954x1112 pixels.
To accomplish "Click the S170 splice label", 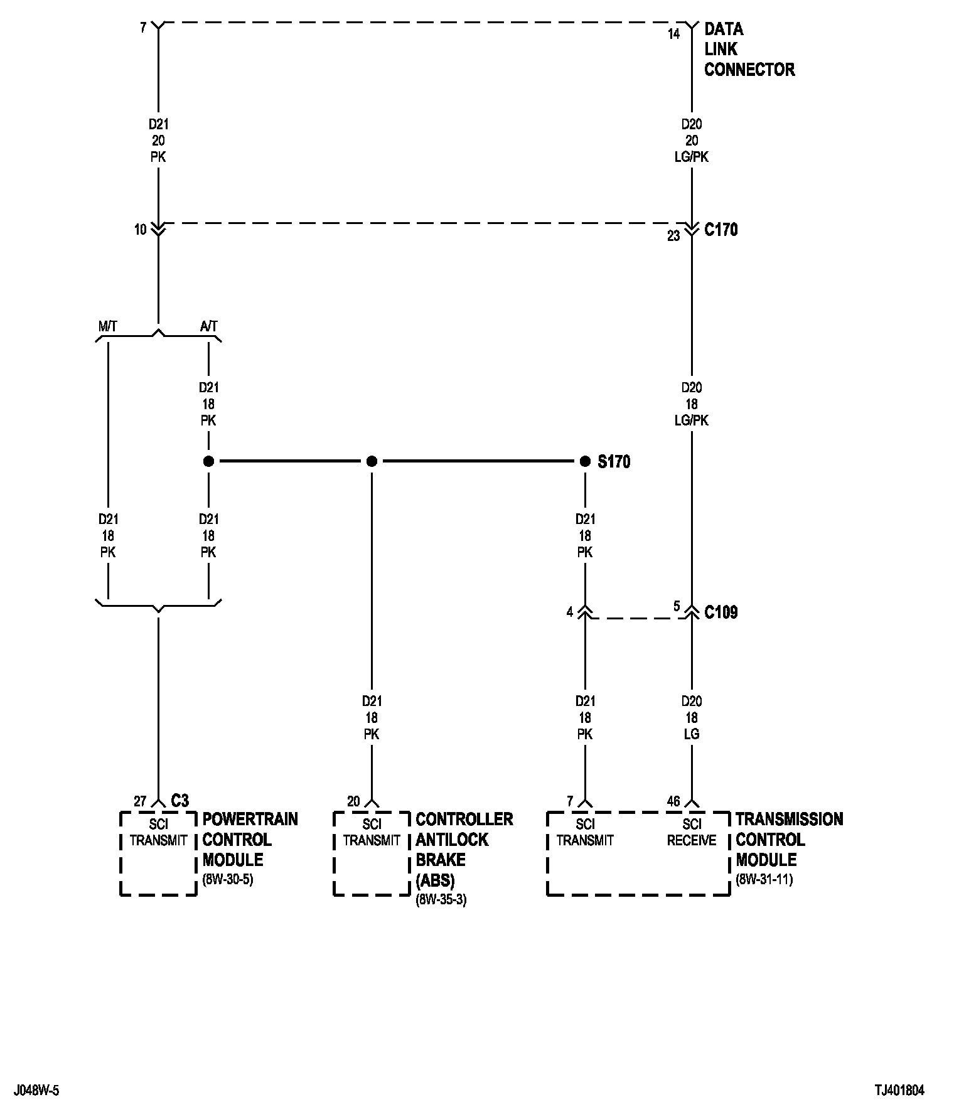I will [x=613, y=462].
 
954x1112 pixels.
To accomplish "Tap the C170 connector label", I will [x=721, y=230].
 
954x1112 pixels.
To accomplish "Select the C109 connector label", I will [x=721, y=612].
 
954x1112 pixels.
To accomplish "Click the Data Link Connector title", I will [x=749, y=50].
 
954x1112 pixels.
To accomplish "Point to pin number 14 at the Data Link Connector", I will [x=673, y=35].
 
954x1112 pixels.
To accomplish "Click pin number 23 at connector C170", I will [x=673, y=237].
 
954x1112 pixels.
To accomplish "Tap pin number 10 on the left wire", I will [x=140, y=230].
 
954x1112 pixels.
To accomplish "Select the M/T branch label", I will [x=107, y=326].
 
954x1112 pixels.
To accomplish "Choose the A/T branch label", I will [x=208, y=326].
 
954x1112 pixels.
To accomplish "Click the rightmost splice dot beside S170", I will [x=585, y=462].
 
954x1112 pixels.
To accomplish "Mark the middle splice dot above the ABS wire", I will [x=372, y=462].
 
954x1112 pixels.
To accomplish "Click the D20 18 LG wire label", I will [x=692, y=717].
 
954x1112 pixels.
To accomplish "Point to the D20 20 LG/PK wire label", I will [x=692, y=141].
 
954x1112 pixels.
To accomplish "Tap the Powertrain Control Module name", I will [x=250, y=840].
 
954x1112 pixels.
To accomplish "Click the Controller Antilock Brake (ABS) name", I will [x=464, y=849].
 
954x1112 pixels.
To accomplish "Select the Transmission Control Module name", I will [x=789, y=840].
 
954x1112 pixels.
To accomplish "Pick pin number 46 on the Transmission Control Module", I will [x=673, y=801].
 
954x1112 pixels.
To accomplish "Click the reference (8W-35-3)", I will [x=441, y=900].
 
